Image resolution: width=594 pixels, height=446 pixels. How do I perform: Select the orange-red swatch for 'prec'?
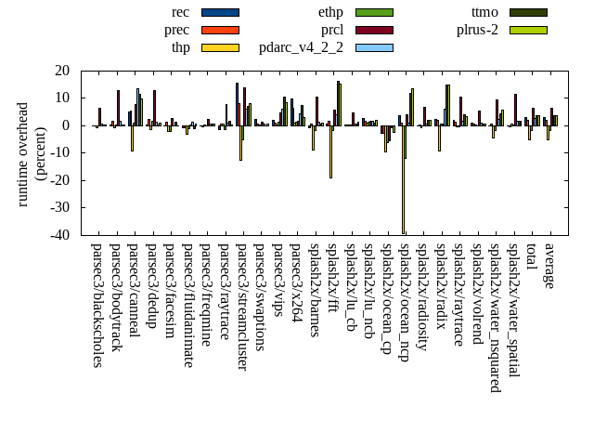pos(220,30)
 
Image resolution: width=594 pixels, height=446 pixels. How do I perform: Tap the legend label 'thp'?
pos(182,47)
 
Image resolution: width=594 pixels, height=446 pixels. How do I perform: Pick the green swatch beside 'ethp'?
pos(374,12)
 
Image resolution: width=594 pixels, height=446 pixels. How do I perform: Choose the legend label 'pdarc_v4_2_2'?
pos(301,47)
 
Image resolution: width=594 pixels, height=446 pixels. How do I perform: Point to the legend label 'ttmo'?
pos(484,12)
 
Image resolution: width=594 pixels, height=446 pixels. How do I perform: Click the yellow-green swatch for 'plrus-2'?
pos(528,30)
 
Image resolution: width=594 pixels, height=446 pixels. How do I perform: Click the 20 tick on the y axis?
pos(63,71)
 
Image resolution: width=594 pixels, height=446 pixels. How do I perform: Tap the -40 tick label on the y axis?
pos(59,235)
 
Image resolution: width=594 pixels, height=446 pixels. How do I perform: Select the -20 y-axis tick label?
pos(59,180)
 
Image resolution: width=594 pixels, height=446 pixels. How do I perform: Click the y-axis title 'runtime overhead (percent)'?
pos(32,152)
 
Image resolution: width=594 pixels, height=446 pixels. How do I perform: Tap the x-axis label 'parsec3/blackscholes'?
pos(97,305)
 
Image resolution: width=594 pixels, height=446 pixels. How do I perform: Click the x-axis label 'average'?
pos(549,266)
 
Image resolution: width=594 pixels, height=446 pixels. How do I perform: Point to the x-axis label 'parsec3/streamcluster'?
pos(242,307)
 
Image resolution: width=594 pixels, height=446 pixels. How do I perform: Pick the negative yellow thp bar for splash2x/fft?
pos(330,151)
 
